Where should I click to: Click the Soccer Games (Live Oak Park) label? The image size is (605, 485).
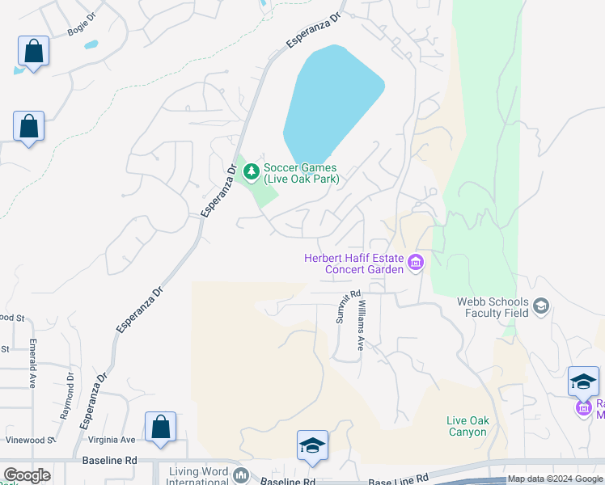[x=301, y=173]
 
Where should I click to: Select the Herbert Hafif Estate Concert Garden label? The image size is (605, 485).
[x=353, y=264]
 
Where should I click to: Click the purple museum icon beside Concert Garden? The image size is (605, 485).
[x=417, y=262]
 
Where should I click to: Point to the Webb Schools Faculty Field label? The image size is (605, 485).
[x=492, y=307]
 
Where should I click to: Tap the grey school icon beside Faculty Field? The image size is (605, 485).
[x=541, y=306]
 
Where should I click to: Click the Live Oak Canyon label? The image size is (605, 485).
[x=467, y=426]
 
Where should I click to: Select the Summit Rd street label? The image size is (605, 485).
[x=342, y=307]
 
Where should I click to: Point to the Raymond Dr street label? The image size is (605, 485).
[x=67, y=396]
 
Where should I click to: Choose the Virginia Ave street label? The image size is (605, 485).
[x=116, y=440]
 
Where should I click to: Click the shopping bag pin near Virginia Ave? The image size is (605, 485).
[x=160, y=427]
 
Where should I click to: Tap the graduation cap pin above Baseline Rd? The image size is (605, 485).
[x=312, y=445]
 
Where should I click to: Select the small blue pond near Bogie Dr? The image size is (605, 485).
[x=91, y=45]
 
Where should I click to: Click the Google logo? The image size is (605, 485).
[x=27, y=475]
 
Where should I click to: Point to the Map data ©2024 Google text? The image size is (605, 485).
[x=555, y=479]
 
